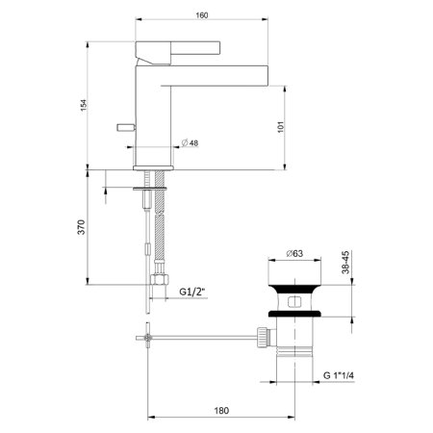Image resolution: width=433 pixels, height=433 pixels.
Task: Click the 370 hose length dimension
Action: click(83, 227)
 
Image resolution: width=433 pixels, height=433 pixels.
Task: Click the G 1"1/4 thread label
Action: click(347, 376)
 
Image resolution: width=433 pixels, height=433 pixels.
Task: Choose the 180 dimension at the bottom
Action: click(221, 411)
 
